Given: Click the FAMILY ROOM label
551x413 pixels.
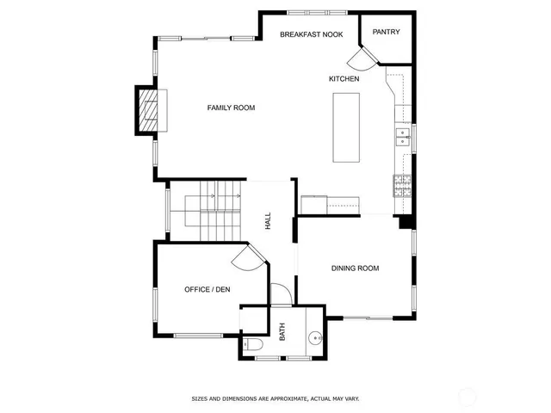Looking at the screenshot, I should click(231, 108).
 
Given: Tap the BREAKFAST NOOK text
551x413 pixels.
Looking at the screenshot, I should click(311, 34).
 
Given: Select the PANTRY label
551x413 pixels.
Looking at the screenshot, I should click(385, 32).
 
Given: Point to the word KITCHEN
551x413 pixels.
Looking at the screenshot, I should click(344, 79).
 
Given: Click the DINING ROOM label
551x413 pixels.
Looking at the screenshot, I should click(355, 268).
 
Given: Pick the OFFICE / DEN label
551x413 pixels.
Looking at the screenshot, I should click(207, 290).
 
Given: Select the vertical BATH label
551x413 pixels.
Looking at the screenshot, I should click(282, 331).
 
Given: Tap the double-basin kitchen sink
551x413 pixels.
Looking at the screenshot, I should click(403, 136).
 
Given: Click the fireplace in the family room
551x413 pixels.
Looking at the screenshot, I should click(149, 109).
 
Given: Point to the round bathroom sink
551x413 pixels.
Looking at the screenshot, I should click(315, 338).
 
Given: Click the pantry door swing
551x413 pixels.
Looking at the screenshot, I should click(360, 57).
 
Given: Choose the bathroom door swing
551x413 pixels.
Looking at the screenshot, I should click(281, 294).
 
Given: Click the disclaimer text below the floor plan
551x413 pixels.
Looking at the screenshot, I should click(275, 398).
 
